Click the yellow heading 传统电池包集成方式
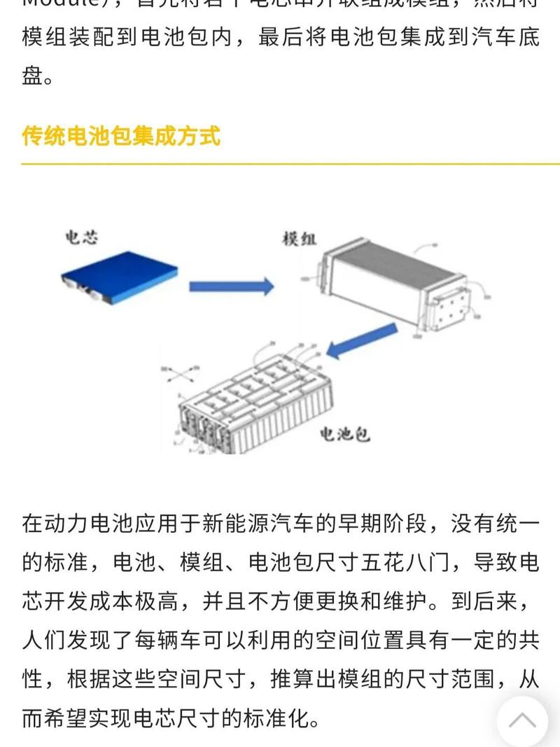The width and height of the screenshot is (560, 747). click(121, 135)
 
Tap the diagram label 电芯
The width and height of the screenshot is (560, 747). click(81, 238)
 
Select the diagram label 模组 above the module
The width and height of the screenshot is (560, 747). click(299, 239)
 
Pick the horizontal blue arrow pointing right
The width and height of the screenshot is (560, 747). click(231, 286)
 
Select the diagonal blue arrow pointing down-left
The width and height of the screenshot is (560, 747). click(353, 345)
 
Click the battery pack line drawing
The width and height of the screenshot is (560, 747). click(252, 403)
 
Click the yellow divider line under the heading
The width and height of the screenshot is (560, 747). click(280, 164)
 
